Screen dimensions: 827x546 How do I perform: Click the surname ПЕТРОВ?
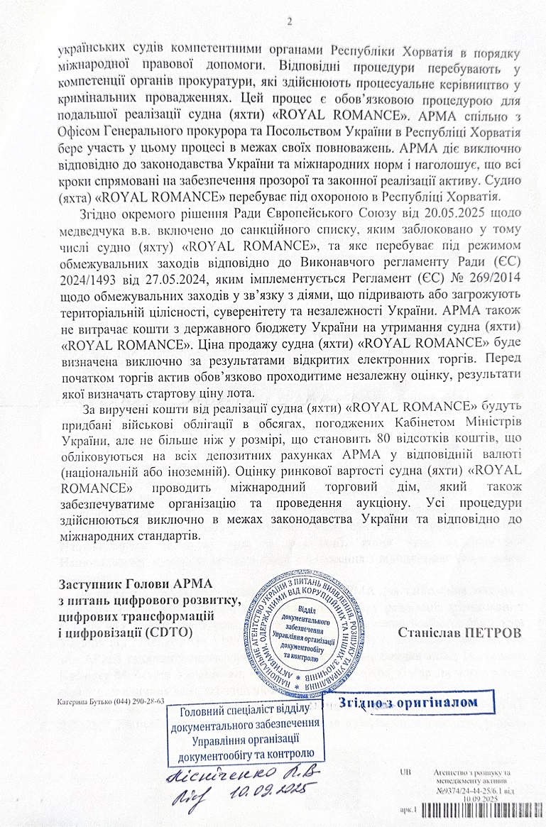[x=488, y=630]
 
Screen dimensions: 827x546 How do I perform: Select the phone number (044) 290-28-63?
[x=135, y=701]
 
